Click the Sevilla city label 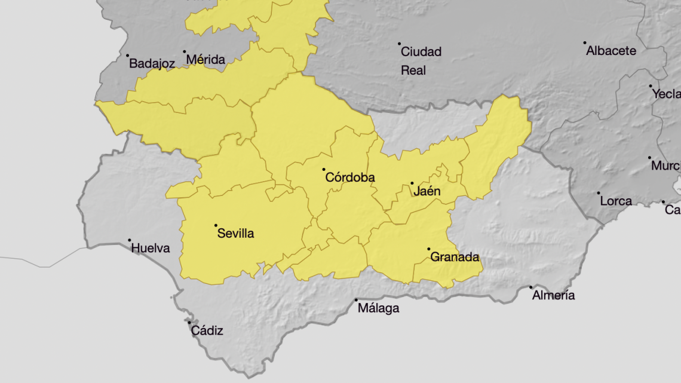(x=235, y=234)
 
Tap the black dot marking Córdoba (x=324, y=170)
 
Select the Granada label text (x=455, y=258)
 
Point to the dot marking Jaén (x=412, y=183)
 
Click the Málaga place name (x=378, y=309)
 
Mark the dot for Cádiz (x=189, y=323)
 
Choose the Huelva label (x=150, y=248)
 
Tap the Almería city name (x=553, y=295)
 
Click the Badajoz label (x=152, y=63)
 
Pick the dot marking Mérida (x=185, y=52)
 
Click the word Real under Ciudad (x=413, y=71)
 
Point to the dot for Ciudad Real (x=400, y=44)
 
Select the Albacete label (x=611, y=51)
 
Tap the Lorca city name (x=615, y=201)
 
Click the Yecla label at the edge (x=666, y=94)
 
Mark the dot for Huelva (x=129, y=240)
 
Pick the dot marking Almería (x=530, y=287)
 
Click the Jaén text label (x=427, y=192)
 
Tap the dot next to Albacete (x=585, y=43)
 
